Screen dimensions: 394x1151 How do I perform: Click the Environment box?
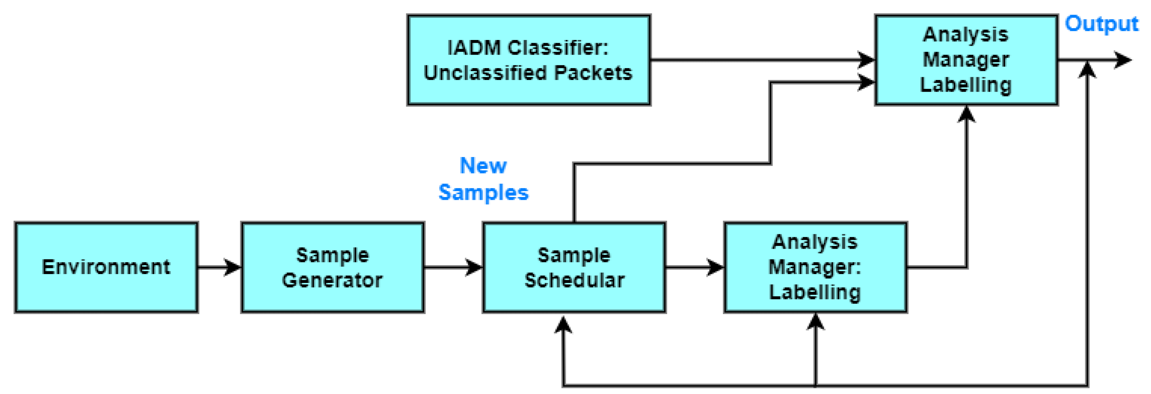[x=106, y=267]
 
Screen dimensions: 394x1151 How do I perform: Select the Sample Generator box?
[x=332, y=267]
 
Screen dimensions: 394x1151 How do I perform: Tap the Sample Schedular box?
[x=574, y=267]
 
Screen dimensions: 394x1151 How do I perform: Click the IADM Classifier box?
[x=528, y=60]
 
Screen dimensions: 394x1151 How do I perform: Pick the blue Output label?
[x=1101, y=24]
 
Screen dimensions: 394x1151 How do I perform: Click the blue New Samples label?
[x=483, y=179]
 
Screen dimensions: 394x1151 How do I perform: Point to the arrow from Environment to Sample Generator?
[x=219, y=267]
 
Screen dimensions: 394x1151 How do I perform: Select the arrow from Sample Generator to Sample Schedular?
[x=453, y=267]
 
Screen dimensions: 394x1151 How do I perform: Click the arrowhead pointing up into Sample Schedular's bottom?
[x=564, y=324]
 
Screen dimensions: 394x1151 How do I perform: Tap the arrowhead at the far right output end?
[x=1123, y=60]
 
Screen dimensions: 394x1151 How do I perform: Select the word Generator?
[x=332, y=280]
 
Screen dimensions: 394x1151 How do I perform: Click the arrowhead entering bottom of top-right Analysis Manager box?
[x=967, y=114]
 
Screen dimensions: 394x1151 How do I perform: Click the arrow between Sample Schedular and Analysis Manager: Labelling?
[x=694, y=267]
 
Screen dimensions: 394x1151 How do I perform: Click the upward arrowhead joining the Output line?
[x=1087, y=70]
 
